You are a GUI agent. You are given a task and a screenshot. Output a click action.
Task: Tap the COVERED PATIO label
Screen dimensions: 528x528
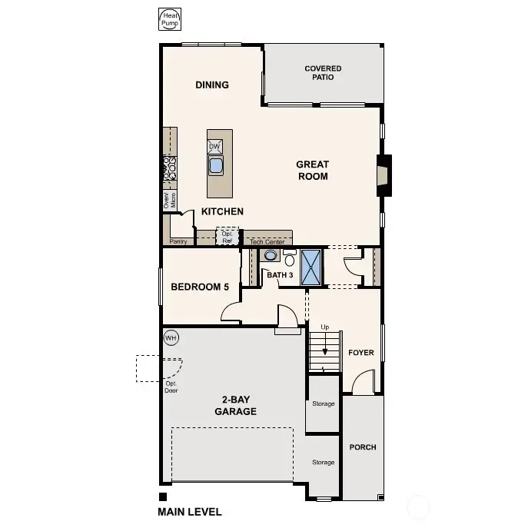[x=323, y=73]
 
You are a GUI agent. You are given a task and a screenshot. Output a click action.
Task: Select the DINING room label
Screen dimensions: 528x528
[x=212, y=85]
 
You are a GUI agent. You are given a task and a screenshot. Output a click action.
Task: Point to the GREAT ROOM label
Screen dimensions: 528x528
[x=313, y=170]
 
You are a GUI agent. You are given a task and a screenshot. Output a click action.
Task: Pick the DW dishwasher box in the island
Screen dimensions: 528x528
[x=215, y=146]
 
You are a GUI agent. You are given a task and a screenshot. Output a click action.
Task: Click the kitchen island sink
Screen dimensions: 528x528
[x=216, y=164]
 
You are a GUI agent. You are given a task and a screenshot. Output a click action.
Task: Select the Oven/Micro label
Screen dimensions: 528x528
[x=169, y=200]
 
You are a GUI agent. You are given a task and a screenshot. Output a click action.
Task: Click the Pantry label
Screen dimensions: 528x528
[x=178, y=241]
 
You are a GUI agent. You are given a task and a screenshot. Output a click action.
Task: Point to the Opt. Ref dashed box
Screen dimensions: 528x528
[x=227, y=237]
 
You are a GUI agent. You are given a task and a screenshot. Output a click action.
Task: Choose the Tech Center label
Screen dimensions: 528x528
[x=267, y=241]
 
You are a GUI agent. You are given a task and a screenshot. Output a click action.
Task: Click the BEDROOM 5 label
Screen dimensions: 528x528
[x=200, y=287]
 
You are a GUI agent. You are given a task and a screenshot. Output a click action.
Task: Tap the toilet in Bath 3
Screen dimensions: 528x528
[x=289, y=256]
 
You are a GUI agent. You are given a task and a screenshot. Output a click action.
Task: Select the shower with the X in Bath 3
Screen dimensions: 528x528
[x=311, y=267]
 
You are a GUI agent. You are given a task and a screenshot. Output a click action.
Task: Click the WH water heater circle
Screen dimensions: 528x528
[x=171, y=337]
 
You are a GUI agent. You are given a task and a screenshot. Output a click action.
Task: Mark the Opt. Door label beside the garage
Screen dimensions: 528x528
[x=171, y=387]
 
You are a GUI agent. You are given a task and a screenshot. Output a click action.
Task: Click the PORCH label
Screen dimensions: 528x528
[x=363, y=447]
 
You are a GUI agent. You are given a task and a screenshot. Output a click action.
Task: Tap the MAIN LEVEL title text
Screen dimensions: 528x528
[x=190, y=512]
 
